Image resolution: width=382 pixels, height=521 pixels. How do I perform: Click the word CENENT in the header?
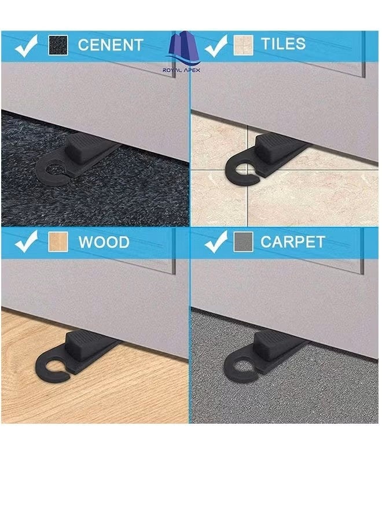coord(110,45)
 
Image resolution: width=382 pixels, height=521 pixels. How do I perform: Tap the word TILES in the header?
coord(283,44)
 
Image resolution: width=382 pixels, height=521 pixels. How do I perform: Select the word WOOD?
coord(104,242)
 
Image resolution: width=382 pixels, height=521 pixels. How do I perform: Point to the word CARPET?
coord(293,242)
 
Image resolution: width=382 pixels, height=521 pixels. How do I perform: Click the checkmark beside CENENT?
coord(26,46)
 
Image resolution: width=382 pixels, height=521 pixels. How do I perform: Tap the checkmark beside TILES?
coord(215,46)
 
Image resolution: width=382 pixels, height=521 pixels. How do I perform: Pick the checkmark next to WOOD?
coord(26,242)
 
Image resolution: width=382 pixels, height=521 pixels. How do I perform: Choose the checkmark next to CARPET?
coord(215,242)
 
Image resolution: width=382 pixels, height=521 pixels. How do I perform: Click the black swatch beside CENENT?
coord(58,45)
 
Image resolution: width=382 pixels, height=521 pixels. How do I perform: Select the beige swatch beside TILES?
coord(243,45)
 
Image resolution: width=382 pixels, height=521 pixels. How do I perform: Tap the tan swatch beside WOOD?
coord(58,242)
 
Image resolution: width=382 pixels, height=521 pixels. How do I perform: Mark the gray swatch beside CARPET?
coord(243,242)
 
